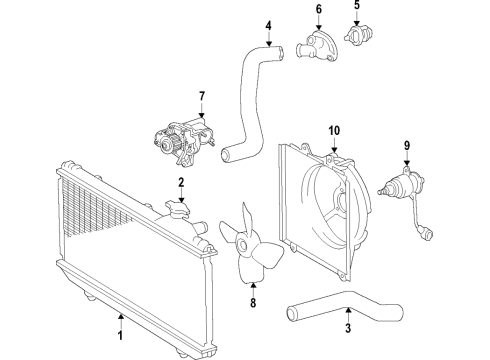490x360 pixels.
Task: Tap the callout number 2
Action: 181,182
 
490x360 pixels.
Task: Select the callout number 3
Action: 347,327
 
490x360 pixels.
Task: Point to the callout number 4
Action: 268,25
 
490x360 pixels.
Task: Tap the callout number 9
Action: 407,146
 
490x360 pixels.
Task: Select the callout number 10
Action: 335,129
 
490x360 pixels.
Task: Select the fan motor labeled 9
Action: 400,187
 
